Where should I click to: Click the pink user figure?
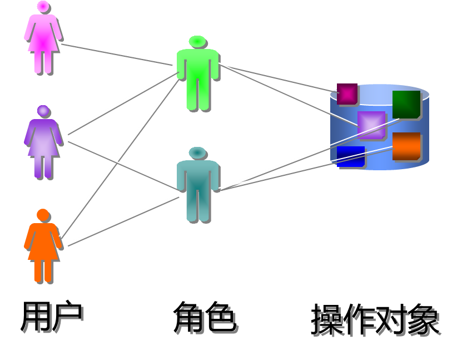tap(43, 39)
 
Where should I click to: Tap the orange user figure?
tap(43, 248)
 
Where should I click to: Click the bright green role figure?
tap(197, 75)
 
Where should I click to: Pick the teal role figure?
tap(197, 186)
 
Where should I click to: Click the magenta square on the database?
tap(347, 94)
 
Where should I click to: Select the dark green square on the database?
tap(406, 104)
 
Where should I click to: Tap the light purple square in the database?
tap(371, 125)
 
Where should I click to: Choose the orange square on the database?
tap(406, 146)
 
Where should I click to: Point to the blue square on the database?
tap(351, 156)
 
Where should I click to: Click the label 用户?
tap(53, 319)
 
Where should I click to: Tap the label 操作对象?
tap(377, 321)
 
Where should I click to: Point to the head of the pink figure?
tap(43, 6)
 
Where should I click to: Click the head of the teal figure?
tap(197, 153)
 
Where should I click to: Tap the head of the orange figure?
tap(43, 215)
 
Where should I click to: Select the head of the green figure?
tap(197, 42)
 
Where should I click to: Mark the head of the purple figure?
tap(43, 111)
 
